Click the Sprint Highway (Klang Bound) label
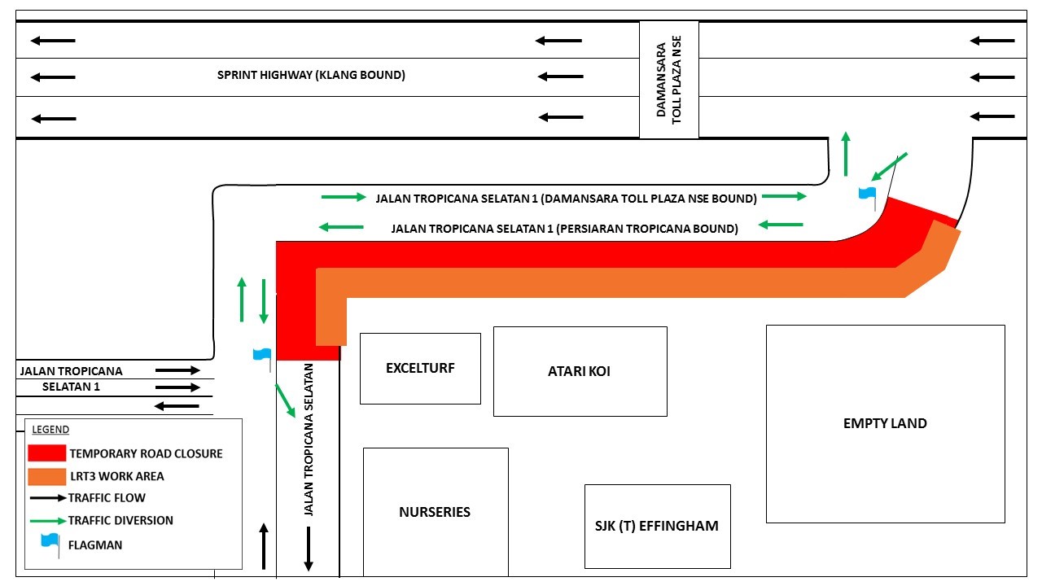[x=311, y=75]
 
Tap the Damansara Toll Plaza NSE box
[x=669, y=80]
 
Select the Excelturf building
[x=420, y=369]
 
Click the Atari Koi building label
[x=579, y=371]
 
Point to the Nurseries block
[x=436, y=512]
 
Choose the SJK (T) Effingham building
[x=657, y=526]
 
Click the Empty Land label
[x=885, y=423]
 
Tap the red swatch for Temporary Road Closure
[x=46, y=453]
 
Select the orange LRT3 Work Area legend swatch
[x=46, y=477]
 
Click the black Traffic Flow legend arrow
[x=48, y=498]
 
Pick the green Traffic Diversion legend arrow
[x=48, y=521]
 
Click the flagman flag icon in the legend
[x=50, y=545]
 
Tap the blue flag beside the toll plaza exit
[x=868, y=199]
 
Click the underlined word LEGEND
[x=50, y=429]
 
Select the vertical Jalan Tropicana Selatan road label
[x=309, y=439]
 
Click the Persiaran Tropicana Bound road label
[x=564, y=229]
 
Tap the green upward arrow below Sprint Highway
[x=846, y=154]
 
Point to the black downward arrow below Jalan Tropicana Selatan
[x=308, y=549]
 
